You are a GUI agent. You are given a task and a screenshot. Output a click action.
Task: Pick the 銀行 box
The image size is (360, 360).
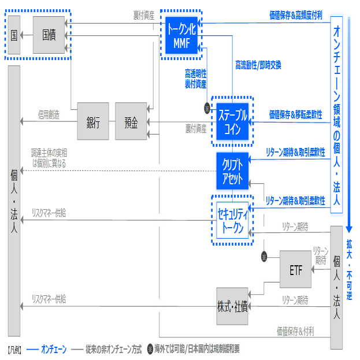93,121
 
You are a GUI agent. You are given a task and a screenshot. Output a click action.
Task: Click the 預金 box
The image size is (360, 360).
131,121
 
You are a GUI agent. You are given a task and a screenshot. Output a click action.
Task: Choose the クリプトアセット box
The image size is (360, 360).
232,170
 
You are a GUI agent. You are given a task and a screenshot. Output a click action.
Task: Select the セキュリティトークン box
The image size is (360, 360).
232,220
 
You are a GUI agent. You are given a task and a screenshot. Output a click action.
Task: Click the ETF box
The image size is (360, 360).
295,269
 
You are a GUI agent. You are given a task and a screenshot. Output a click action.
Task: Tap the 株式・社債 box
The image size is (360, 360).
232,306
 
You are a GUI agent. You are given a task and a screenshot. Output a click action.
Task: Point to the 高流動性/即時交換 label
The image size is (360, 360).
258,65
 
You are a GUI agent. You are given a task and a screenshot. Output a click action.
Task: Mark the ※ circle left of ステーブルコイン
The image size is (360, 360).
206,108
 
